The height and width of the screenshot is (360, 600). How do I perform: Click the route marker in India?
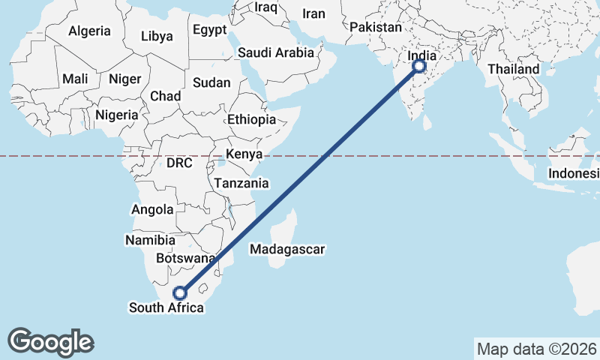(418, 67)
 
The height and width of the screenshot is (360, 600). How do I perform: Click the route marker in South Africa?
(180, 292)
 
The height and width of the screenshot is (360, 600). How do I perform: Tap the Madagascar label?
(289, 249)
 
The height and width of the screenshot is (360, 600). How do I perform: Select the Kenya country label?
(244, 154)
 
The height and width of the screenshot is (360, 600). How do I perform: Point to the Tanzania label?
(241, 183)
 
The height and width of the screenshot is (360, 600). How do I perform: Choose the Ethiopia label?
(252, 119)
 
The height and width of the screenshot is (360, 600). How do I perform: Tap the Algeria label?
(89, 31)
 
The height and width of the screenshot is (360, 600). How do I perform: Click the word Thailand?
(514, 69)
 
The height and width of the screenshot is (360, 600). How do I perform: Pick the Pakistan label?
(376, 27)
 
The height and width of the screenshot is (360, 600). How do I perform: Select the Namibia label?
(150, 240)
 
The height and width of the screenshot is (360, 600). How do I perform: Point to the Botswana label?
(185, 258)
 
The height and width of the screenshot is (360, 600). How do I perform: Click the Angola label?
(152, 210)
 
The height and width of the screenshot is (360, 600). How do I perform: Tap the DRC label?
(179, 163)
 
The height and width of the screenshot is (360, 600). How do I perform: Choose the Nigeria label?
(117, 115)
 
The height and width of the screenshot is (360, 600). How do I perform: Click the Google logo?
(51, 341)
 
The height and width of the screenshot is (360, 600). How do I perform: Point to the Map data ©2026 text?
(536, 349)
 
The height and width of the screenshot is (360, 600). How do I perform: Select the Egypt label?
(209, 30)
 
